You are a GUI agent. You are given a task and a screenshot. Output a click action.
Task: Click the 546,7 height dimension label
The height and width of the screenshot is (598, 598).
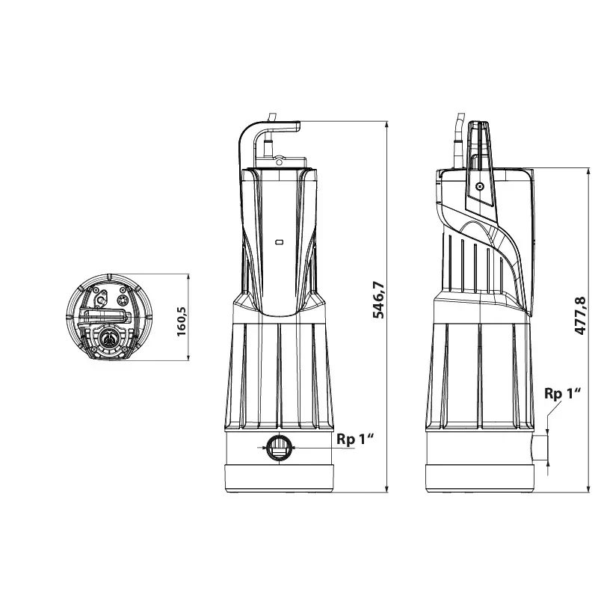pos(379,300)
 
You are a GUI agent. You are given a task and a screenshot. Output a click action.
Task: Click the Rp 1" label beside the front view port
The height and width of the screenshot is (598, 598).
pos(354,440)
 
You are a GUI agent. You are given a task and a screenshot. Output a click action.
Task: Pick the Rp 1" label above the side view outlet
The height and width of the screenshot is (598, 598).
pos(563,393)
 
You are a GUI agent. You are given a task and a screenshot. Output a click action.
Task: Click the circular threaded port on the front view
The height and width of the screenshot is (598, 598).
pos(279,447)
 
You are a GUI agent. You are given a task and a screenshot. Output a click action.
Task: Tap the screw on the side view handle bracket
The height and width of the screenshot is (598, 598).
pos(480,186)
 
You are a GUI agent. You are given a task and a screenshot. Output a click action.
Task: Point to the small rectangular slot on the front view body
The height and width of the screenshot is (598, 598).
pos(279,241)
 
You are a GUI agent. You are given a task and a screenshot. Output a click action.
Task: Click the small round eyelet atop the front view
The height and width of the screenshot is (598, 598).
pos(279,162)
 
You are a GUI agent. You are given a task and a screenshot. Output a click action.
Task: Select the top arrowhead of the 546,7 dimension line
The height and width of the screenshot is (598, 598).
pos(387,125)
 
